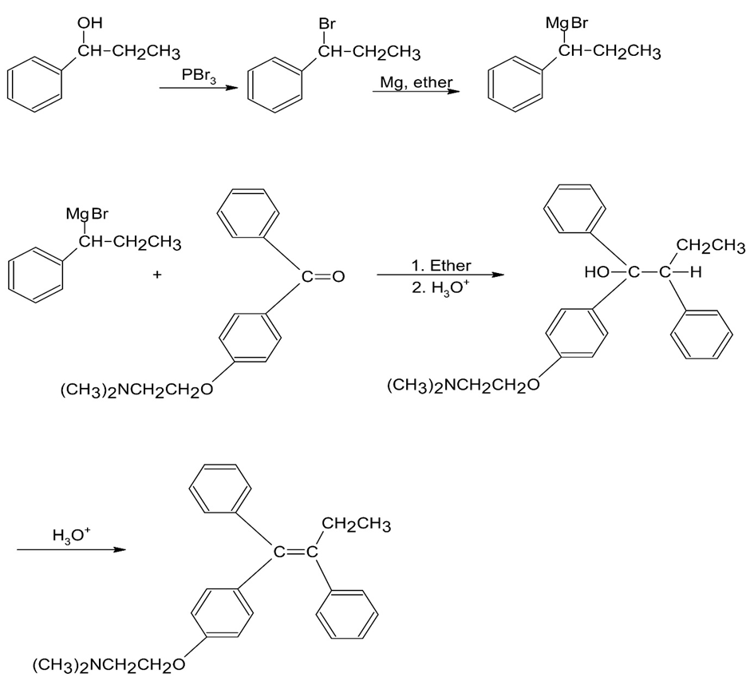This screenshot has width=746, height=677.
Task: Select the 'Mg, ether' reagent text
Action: tap(414, 82)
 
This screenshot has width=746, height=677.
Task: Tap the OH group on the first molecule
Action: tap(86, 24)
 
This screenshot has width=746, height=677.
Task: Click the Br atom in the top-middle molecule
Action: tap(327, 24)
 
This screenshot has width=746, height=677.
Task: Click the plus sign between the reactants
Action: tap(157, 275)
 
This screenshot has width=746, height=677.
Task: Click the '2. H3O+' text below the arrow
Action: tap(438, 288)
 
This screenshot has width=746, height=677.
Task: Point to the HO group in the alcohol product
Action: tap(599, 274)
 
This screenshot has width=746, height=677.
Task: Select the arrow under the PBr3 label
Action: tap(198, 88)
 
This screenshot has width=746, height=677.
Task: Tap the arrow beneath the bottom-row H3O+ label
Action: tap(71, 550)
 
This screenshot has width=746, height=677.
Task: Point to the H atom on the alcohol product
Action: tap(695, 274)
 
